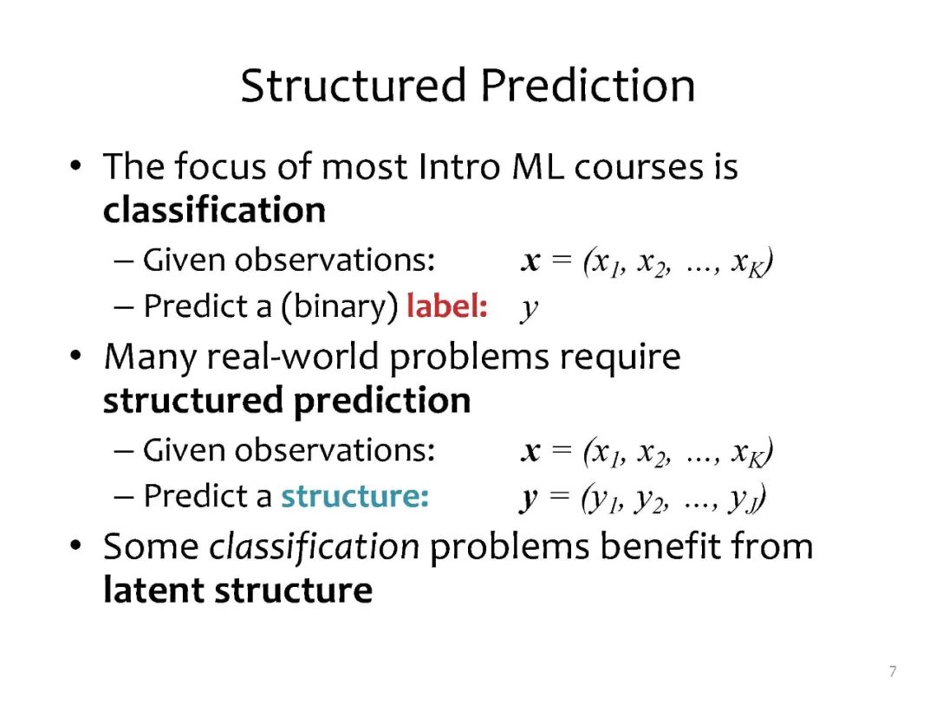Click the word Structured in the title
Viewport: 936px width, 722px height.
click(x=353, y=85)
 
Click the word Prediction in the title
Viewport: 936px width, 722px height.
click(x=588, y=85)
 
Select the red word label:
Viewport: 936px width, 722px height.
click(x=447, y=306)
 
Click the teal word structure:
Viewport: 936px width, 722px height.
click(x=355, y=496)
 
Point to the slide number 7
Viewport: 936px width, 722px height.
click(x=893, y=671)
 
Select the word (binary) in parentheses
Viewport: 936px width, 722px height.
click(x=339, y=306)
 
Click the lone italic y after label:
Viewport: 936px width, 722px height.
click(x=529, y=308)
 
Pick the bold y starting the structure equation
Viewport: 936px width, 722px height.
click(x=529, y=499)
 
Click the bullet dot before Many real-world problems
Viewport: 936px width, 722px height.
click(x=75, y=356)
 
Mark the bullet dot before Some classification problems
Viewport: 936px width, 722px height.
click(x=75, y=545)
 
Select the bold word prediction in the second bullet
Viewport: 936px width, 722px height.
click(x=382, y=401)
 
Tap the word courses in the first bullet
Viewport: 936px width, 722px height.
click(x=639, y=167)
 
